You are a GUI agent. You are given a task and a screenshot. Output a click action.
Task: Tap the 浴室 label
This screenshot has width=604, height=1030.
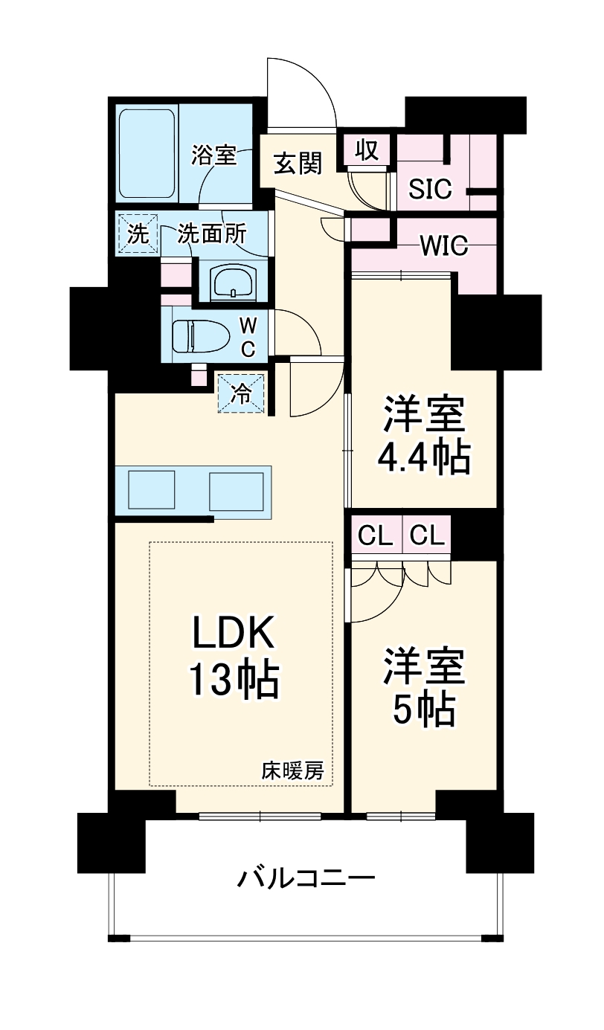click(213, 155)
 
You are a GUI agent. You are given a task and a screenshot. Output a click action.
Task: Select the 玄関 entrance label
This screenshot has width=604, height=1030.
click(298, 163)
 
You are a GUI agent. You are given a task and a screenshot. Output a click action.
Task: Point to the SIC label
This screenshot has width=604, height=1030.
click(431, 190)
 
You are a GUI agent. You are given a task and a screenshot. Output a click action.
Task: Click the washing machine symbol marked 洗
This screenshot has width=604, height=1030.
click(138, 235)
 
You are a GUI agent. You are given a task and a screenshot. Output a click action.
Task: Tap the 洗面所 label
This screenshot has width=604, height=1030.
click(212, 235)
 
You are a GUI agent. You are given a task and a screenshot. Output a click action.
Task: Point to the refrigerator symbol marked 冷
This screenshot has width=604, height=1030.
click(241, 392)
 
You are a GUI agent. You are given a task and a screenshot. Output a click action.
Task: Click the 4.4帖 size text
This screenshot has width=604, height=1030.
click(424, 458)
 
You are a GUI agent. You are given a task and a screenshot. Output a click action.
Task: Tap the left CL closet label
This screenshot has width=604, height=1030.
click(376, 535)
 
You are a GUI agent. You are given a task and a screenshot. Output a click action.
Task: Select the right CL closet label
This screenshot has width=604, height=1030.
click(427, 535)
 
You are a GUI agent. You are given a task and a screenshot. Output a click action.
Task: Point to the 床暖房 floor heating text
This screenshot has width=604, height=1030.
click(292, 771)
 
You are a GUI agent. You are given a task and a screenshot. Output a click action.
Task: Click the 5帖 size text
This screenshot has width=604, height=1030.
click(423, 711)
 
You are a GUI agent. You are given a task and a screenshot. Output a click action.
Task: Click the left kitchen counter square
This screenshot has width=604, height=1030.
click(151, 491)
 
